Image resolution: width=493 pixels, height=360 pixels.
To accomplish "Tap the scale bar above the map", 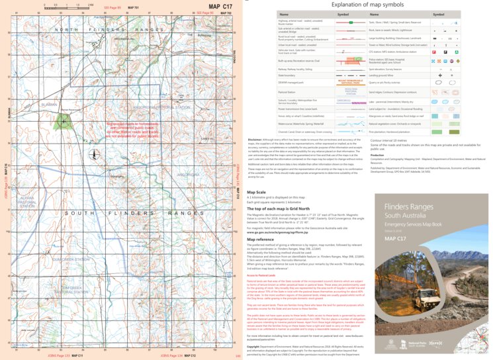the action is tap(72, 5).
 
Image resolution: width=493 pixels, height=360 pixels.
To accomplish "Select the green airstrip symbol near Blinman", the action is tap(63, 120).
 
